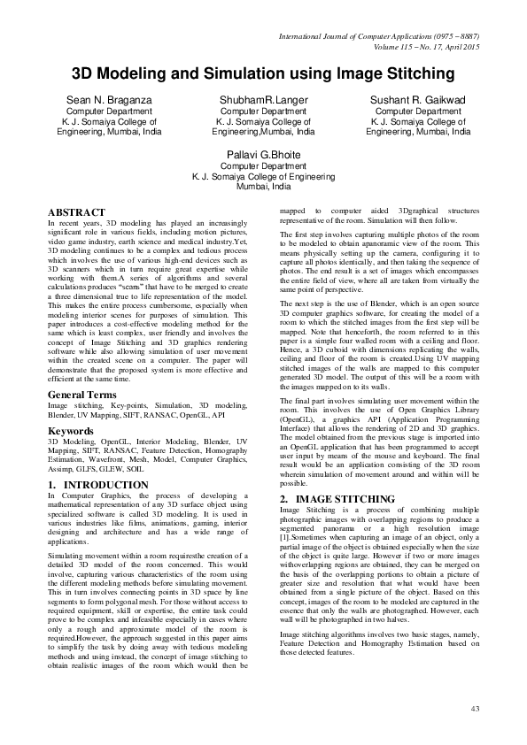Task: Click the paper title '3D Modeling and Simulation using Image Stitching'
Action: click(263, 73)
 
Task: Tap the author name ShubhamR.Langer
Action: click(263, 100)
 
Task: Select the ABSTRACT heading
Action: click(76, 213)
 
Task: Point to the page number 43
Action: click(475, 708)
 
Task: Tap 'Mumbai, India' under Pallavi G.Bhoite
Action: click(263, 188)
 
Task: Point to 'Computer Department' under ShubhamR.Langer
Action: click(263, 112)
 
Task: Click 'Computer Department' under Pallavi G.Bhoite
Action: click(263, 165)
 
